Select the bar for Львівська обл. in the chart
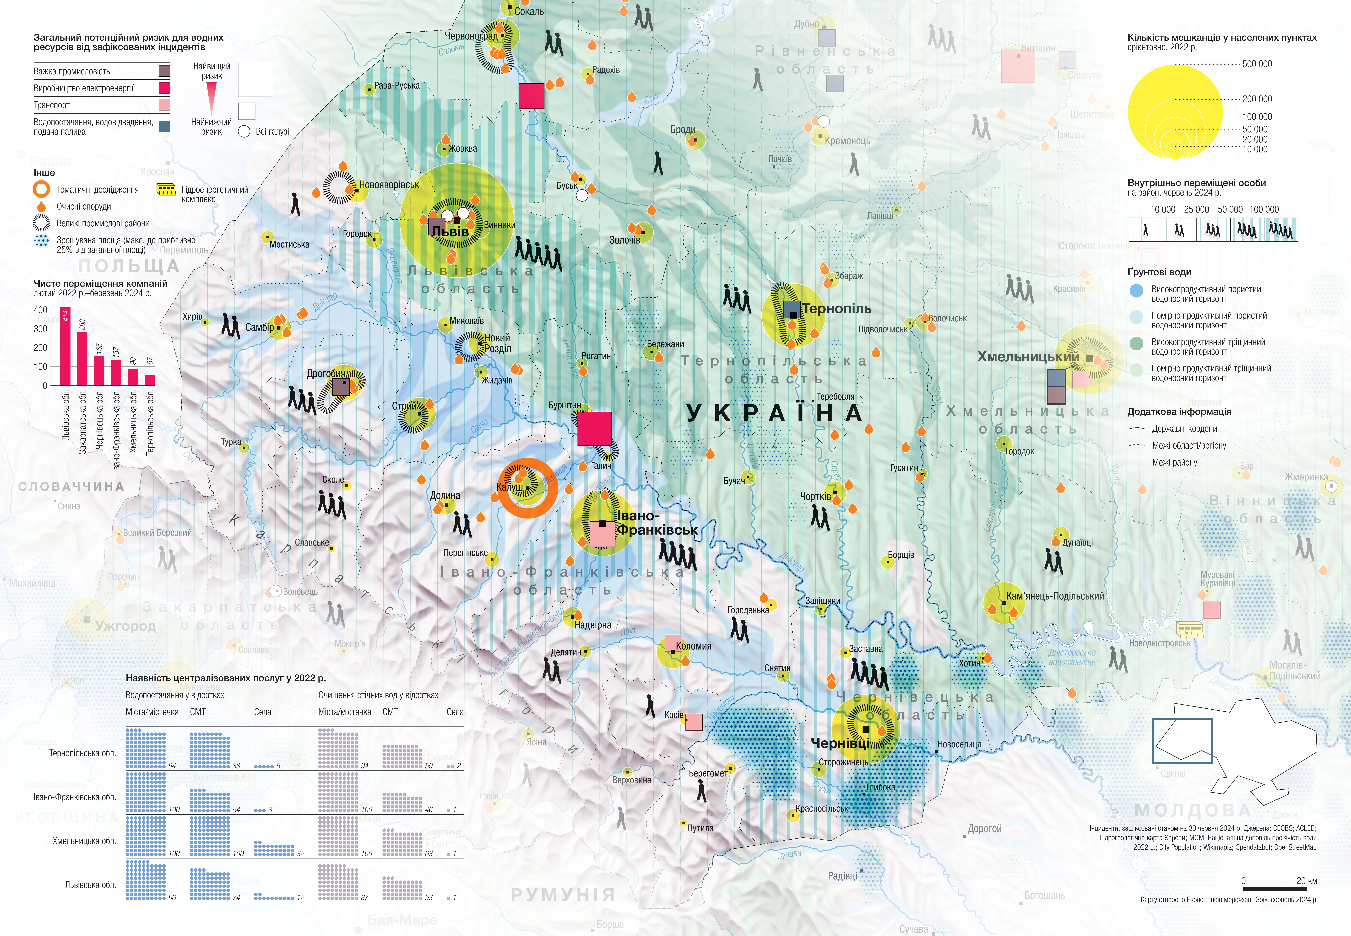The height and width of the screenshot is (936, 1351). click(65, 346)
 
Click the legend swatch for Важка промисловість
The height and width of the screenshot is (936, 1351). click(164, 71)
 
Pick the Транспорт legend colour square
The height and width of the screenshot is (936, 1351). click(164, 105)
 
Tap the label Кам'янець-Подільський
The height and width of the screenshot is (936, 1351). click(1054, 596)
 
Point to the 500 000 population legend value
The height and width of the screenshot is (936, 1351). click(1257, 64)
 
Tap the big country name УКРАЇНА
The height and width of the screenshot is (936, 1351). click(774, 413)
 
